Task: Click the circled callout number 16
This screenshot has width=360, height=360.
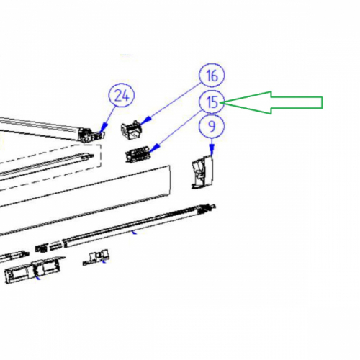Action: click(x=212, y=76)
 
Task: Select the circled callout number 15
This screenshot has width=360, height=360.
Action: click(x=212, y=102)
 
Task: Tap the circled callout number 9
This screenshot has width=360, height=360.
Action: click(x=212, y=126)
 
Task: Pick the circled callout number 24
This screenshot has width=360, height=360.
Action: click(x=122, y=96)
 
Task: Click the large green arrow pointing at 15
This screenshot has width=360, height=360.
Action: click(x=271, y=102)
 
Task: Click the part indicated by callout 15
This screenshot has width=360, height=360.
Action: click(x=138, y=154)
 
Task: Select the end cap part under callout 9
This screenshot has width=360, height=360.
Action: click(x=203, y=171)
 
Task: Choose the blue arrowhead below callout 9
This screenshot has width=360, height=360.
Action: click(x=212, y=149)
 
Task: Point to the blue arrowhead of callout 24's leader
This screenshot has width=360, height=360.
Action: click(x=104, y=127)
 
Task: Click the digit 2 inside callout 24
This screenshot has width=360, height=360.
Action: click(x=118, y=96)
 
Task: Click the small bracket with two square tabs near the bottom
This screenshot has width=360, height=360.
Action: click(x=96, y=258)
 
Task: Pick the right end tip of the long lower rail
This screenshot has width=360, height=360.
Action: click(x=215, y=206)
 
